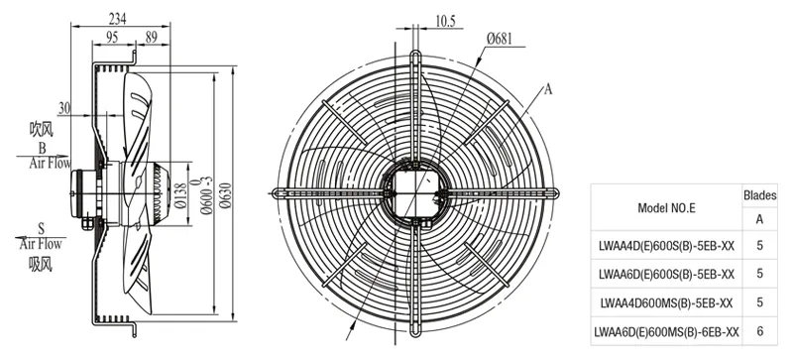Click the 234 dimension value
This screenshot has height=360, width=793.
[x=117, y=19]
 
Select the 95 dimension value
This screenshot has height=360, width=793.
[x=112, y=37]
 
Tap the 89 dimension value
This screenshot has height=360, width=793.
[x=152, y=37]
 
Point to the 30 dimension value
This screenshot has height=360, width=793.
[x=64, y=108]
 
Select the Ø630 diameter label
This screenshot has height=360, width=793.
[x=226, y=193]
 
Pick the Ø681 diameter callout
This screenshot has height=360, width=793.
[x=500, y=38]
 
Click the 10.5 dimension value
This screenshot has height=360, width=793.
[x=445, y=21]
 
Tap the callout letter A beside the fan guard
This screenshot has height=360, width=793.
[x=548, y=89]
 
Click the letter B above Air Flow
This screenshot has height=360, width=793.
[x=42, y=149]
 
